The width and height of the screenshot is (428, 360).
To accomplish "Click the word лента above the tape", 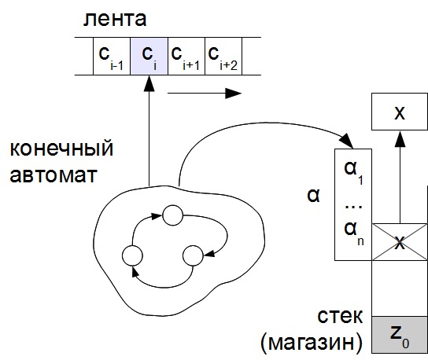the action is coord(115,19).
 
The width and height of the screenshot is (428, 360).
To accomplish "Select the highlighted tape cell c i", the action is coord(149,56).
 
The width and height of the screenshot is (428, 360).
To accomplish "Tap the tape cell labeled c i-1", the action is coord(112,56).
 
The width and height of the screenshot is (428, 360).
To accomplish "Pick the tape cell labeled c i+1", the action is coord(186,56).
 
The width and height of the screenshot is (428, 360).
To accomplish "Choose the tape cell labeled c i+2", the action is coord(223,56).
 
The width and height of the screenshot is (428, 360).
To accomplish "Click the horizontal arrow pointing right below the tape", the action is coord(205,94).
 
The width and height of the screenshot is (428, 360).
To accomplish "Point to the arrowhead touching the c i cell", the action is coord(149,83).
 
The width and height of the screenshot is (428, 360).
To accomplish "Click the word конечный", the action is coord(61,149).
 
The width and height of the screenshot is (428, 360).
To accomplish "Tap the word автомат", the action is coord(53,174).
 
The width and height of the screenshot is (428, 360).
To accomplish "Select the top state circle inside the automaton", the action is coord(172,215).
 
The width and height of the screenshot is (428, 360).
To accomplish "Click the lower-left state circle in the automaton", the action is coord(132,255).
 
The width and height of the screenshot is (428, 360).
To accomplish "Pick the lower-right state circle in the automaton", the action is coord(193,255).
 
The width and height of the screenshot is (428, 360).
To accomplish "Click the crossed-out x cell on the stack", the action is coord(400,242).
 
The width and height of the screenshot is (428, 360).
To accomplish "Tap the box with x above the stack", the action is coord(400,112).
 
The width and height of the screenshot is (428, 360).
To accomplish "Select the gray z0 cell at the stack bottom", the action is coord(400,335).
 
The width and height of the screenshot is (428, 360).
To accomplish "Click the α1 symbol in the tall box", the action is coord(353,172).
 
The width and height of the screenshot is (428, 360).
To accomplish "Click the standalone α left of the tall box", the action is coord(313,195).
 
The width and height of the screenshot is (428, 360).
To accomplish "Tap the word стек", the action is coord(340,316).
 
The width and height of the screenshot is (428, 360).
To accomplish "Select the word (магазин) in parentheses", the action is coord(312,343).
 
